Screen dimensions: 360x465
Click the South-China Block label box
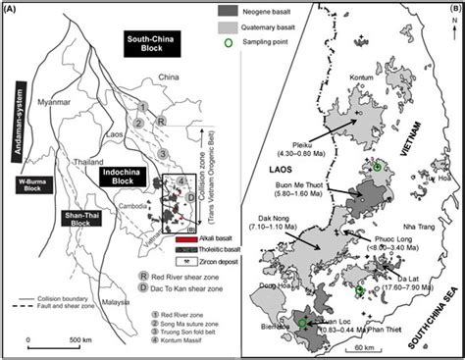146,42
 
